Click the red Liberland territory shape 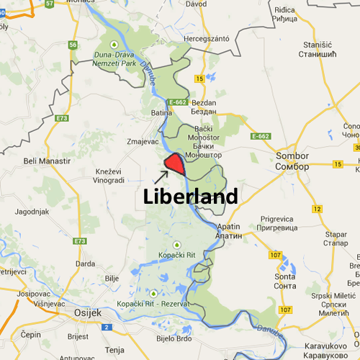pyautogui.click(x=174, y=166)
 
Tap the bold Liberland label pyautogui.click(x=190, y=196)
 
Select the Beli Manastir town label pyautogui.click(x=47, y=161)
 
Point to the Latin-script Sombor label pyautogui.click(x=292, y=156)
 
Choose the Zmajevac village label pyautogui.click(x=142, y=142)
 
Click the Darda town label pyautogui.click(x=86, y=264)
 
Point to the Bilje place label pyautogui.click(x=112, y=276)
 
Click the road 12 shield pyautogui.click(x=317, y=209)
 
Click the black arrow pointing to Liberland pyautogui.click(x=160, y=175)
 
